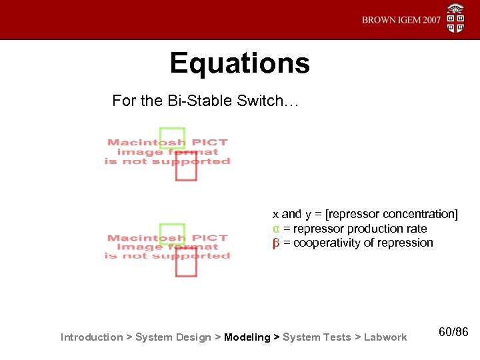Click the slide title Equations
pos(239,63)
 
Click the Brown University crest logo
pos(456,18)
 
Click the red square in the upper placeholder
pos(186,166)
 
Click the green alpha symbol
pos(275,229)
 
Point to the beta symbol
pos(275,243)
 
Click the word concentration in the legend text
pos(416,214)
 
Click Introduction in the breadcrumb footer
pos(91,337)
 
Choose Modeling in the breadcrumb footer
pos(247,337)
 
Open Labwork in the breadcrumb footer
pos(385,337)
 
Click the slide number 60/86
pos(454,331)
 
